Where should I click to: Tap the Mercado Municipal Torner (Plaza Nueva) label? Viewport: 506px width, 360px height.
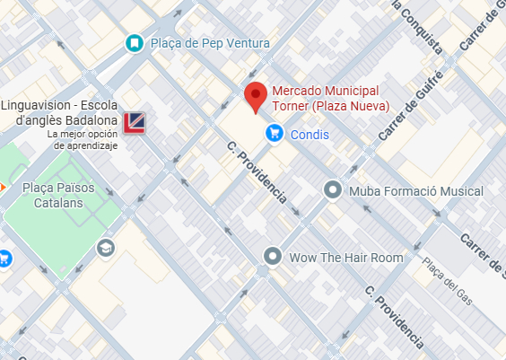pyautogui.click(x=330, y=99)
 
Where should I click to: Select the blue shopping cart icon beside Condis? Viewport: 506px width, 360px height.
pyautogui.click(x=275, y=134)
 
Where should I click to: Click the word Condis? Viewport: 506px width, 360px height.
pyautogui.click(x=310, y=135)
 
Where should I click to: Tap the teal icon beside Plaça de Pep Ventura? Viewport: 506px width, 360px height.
pyautogui.click(x=134, y=42)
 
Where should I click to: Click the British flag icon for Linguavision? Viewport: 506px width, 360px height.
pyautogui.click(x=135, y=122)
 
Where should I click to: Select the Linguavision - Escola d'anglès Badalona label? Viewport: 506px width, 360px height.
pyautogui.click(x=58, y=114)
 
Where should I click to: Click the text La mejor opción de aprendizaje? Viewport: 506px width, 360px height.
pyautogui.click(x=83, y=139)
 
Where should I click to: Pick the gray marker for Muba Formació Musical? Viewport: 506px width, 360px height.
pyautogui.click(x=333, y=190)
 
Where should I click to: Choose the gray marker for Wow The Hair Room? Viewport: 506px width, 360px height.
pyautogui.click(x=273, y=257)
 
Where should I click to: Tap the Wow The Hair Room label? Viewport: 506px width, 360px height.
pyautogui.click(x=346, y=258)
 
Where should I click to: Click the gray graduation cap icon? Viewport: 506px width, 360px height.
pyautogui.click(x=106, y=247)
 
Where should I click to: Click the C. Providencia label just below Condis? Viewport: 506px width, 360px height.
pyautogui.click(x=257, y=171)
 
